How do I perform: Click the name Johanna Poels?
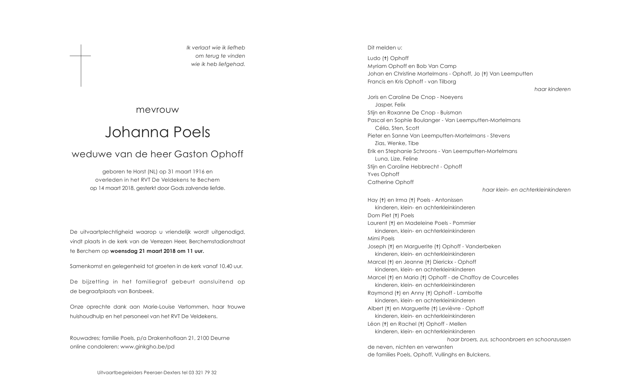tap(157, 132)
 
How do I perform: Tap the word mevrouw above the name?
tap(157, 110)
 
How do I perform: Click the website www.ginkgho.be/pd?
tap(147, 347)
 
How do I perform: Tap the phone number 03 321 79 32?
tap(203, 373)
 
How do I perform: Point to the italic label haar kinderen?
tap(552, 89)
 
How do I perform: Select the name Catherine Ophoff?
tap(390, 182)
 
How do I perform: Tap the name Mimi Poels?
tap(381, 239)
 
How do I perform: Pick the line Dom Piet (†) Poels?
tap(391, 216)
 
